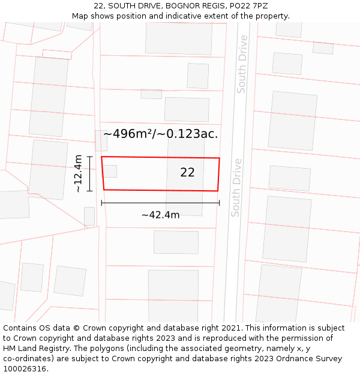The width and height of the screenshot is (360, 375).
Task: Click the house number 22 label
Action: (187, 172)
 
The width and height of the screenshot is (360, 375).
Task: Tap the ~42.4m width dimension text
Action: (160, 215)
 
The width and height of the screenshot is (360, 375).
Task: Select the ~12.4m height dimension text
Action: (78, 173)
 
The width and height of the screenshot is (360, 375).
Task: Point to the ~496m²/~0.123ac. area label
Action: (160, 134)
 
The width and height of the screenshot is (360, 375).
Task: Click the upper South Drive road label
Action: (242, 64)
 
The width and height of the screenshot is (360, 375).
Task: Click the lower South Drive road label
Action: (236, 187)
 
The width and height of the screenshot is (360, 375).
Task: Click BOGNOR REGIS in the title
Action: (191, 6)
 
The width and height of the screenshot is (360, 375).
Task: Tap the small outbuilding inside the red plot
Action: (111, 171)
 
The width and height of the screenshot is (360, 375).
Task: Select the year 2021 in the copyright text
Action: (232, 328)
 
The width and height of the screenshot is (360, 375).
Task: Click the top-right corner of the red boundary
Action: (219, 158)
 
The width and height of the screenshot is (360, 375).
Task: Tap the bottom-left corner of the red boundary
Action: (104, 190)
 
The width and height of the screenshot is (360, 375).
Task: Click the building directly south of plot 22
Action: (176, 242)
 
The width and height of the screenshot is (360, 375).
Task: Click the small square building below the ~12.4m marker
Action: (89, 216)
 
